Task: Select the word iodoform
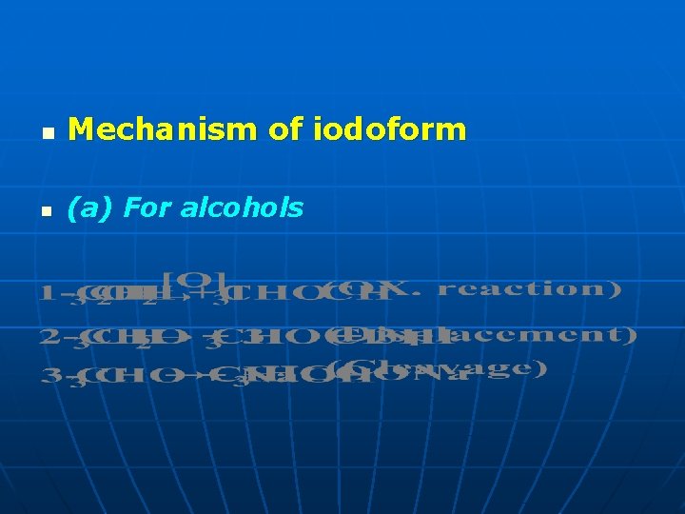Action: [389, 128]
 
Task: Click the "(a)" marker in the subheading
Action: [84, 208]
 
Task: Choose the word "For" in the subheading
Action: [145, 208]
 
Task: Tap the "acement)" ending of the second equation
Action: [571, 334]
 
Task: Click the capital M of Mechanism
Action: [80, 128]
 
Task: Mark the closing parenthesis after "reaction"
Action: [616, 288]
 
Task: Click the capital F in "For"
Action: [131, 208]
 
